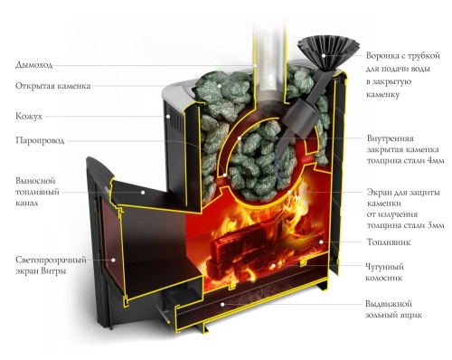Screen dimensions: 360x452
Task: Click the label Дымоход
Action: click(x=35, y=65)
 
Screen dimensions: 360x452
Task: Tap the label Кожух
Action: click(x=29, y=116)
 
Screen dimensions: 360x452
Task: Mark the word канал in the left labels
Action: click(x=31, y=206)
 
